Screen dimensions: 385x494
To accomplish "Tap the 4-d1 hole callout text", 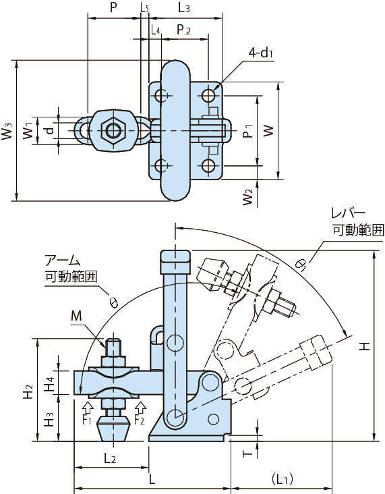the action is [x=260, y=53].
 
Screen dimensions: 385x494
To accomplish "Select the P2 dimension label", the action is [x=183, y=30].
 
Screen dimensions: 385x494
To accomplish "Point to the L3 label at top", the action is [x=184, y=7].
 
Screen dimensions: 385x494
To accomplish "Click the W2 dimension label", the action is [x=247, y=197].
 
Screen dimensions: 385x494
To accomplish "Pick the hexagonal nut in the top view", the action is [x=113, y=130].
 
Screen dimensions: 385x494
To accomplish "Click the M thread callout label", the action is [x=76, y=315].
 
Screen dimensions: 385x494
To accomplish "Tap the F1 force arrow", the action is [x=88, y=407].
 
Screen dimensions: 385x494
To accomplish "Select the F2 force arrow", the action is [x=140, y=407].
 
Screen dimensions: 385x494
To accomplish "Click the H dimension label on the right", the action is [x=365, y=347].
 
